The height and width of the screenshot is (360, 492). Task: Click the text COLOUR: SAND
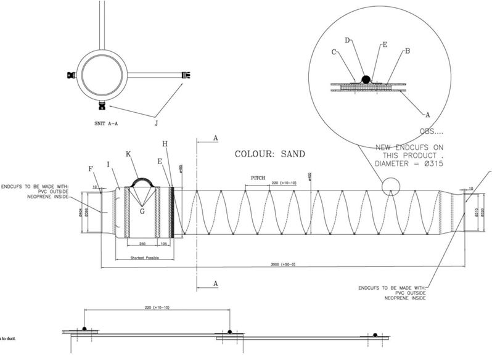(x=269, y=153)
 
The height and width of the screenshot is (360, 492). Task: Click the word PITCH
(x=258, y=178)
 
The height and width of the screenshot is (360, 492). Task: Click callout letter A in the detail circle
(x=427, y=114)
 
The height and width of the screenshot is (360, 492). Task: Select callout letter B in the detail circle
(x=407, y=52)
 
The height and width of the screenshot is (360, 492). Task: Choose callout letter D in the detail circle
(x=348, y=40)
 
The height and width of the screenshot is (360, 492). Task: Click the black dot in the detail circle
(x=365, y=79)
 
